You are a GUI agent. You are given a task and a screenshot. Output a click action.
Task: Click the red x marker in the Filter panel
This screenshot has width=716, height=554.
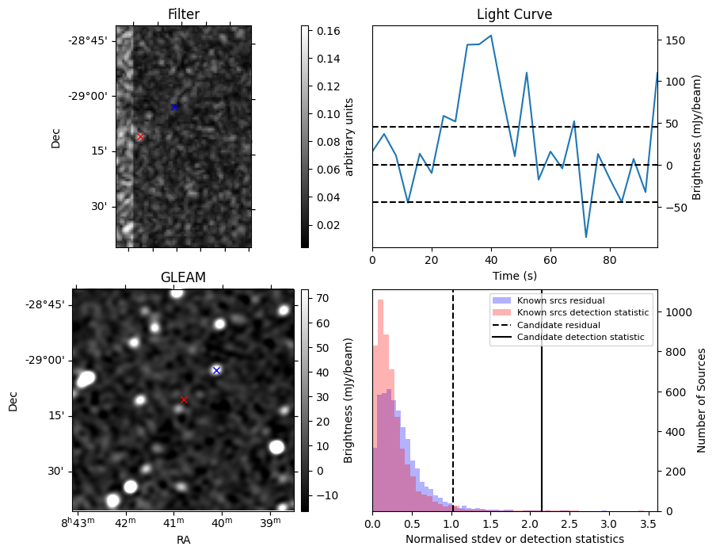140,136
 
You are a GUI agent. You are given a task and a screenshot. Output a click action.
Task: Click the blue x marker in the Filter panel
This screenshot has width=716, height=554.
174,107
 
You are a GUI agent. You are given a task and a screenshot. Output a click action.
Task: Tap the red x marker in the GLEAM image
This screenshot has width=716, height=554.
185,400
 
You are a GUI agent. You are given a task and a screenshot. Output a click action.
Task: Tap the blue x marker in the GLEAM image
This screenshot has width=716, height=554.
216,370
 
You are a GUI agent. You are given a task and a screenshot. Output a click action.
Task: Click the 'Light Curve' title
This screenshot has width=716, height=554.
514,15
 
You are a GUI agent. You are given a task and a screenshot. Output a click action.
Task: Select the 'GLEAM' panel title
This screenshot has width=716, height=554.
183,277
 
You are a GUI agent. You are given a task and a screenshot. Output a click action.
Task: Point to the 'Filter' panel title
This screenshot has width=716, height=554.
184,14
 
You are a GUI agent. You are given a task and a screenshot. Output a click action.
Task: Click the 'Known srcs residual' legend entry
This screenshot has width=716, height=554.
560,301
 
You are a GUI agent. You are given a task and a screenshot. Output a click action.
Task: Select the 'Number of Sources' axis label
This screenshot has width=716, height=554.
702,400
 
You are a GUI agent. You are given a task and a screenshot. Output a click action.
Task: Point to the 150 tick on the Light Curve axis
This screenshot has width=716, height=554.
674,40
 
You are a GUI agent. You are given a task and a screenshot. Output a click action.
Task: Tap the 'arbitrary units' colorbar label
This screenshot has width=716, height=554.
349,136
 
